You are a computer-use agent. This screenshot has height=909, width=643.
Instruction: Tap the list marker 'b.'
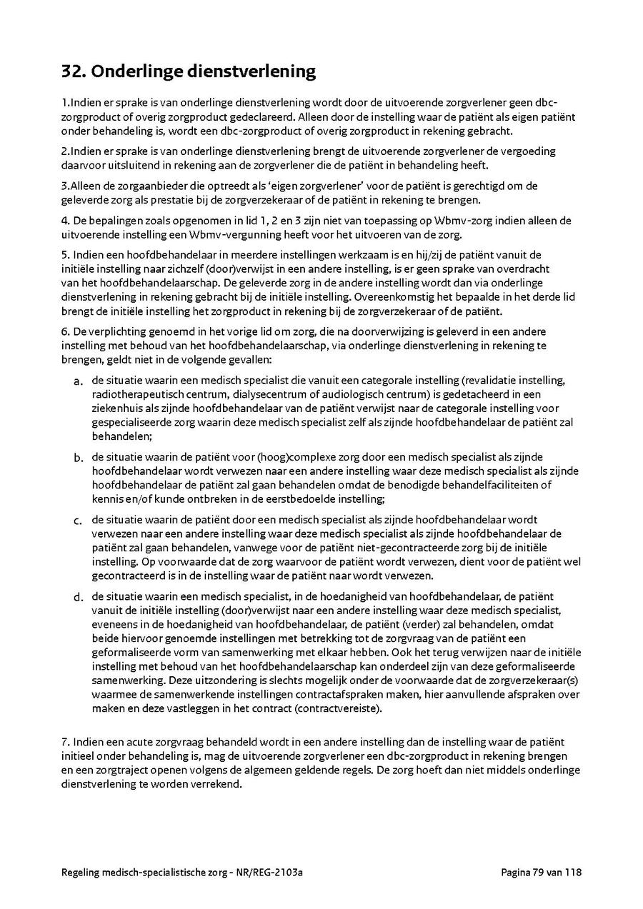click(78, 458)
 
